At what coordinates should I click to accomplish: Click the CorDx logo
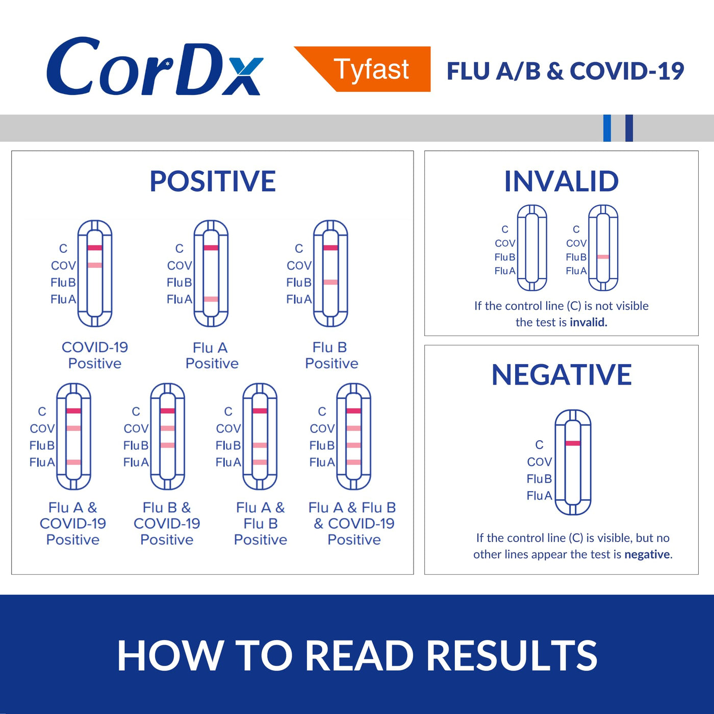[155, 67]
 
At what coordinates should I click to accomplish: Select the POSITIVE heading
[213, 181]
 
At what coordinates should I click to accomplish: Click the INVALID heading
[562, 181]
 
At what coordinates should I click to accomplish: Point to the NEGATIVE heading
[562, 375]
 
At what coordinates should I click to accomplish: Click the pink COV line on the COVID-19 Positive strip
[94, 265]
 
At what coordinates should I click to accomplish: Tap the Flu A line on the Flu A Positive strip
[211, 299]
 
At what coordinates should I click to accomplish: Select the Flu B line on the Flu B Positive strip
[330, 282]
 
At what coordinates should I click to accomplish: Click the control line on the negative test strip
[573, 443]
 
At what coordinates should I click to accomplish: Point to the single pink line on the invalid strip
[603, 257]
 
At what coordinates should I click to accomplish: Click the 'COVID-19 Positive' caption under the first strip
[95, 355]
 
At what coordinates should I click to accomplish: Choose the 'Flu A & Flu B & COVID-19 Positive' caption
[352, 523]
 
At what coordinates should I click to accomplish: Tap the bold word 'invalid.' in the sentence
[589, 322]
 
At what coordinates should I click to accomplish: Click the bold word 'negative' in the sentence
[647, 554]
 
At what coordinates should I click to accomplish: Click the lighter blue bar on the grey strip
[607, 128]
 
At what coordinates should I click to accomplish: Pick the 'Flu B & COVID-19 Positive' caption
[167, 523]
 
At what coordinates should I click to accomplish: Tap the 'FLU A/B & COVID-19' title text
[566, 71]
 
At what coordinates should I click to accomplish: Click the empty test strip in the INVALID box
[532, 247]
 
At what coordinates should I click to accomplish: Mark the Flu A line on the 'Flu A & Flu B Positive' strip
[260, 462]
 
